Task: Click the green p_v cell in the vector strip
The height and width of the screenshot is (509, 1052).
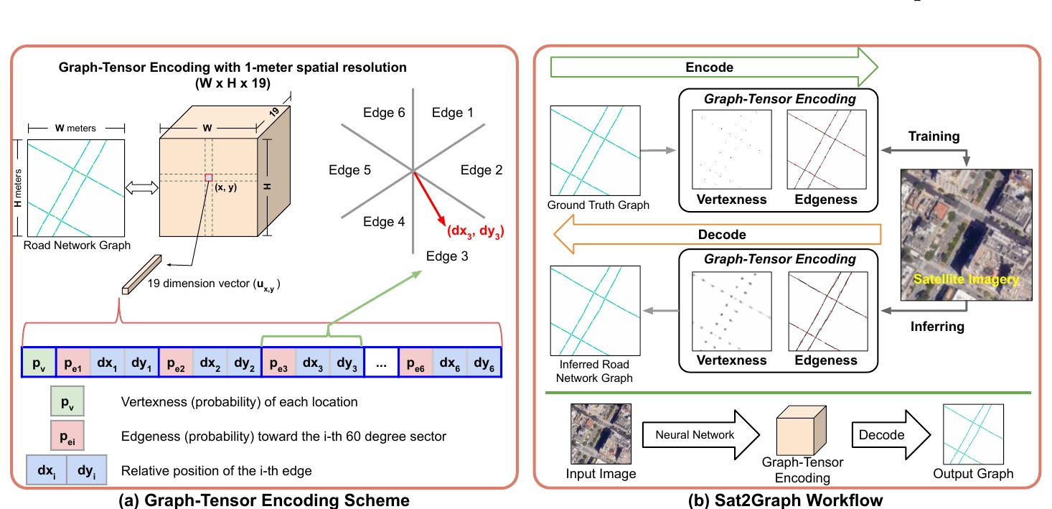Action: (38, 363)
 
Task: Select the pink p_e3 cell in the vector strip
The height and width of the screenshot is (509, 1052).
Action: (279, 363)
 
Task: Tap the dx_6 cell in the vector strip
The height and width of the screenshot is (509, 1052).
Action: (450, 363)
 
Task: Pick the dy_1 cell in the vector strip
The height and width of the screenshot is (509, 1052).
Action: (141, 363)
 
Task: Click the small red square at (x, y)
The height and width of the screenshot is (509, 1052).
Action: (208, 177)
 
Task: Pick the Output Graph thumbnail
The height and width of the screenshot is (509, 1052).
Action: (973, 434)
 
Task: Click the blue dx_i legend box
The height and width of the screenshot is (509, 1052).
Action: (46, 471)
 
